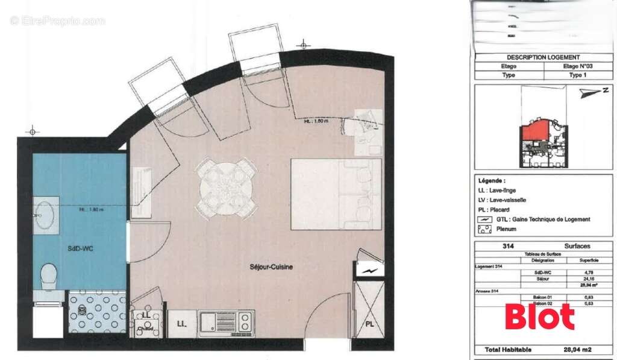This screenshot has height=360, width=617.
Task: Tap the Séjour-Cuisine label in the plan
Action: pos(272,267)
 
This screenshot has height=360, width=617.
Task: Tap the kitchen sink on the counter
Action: pos(213,323)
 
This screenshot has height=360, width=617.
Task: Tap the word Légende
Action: pos(492,181)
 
